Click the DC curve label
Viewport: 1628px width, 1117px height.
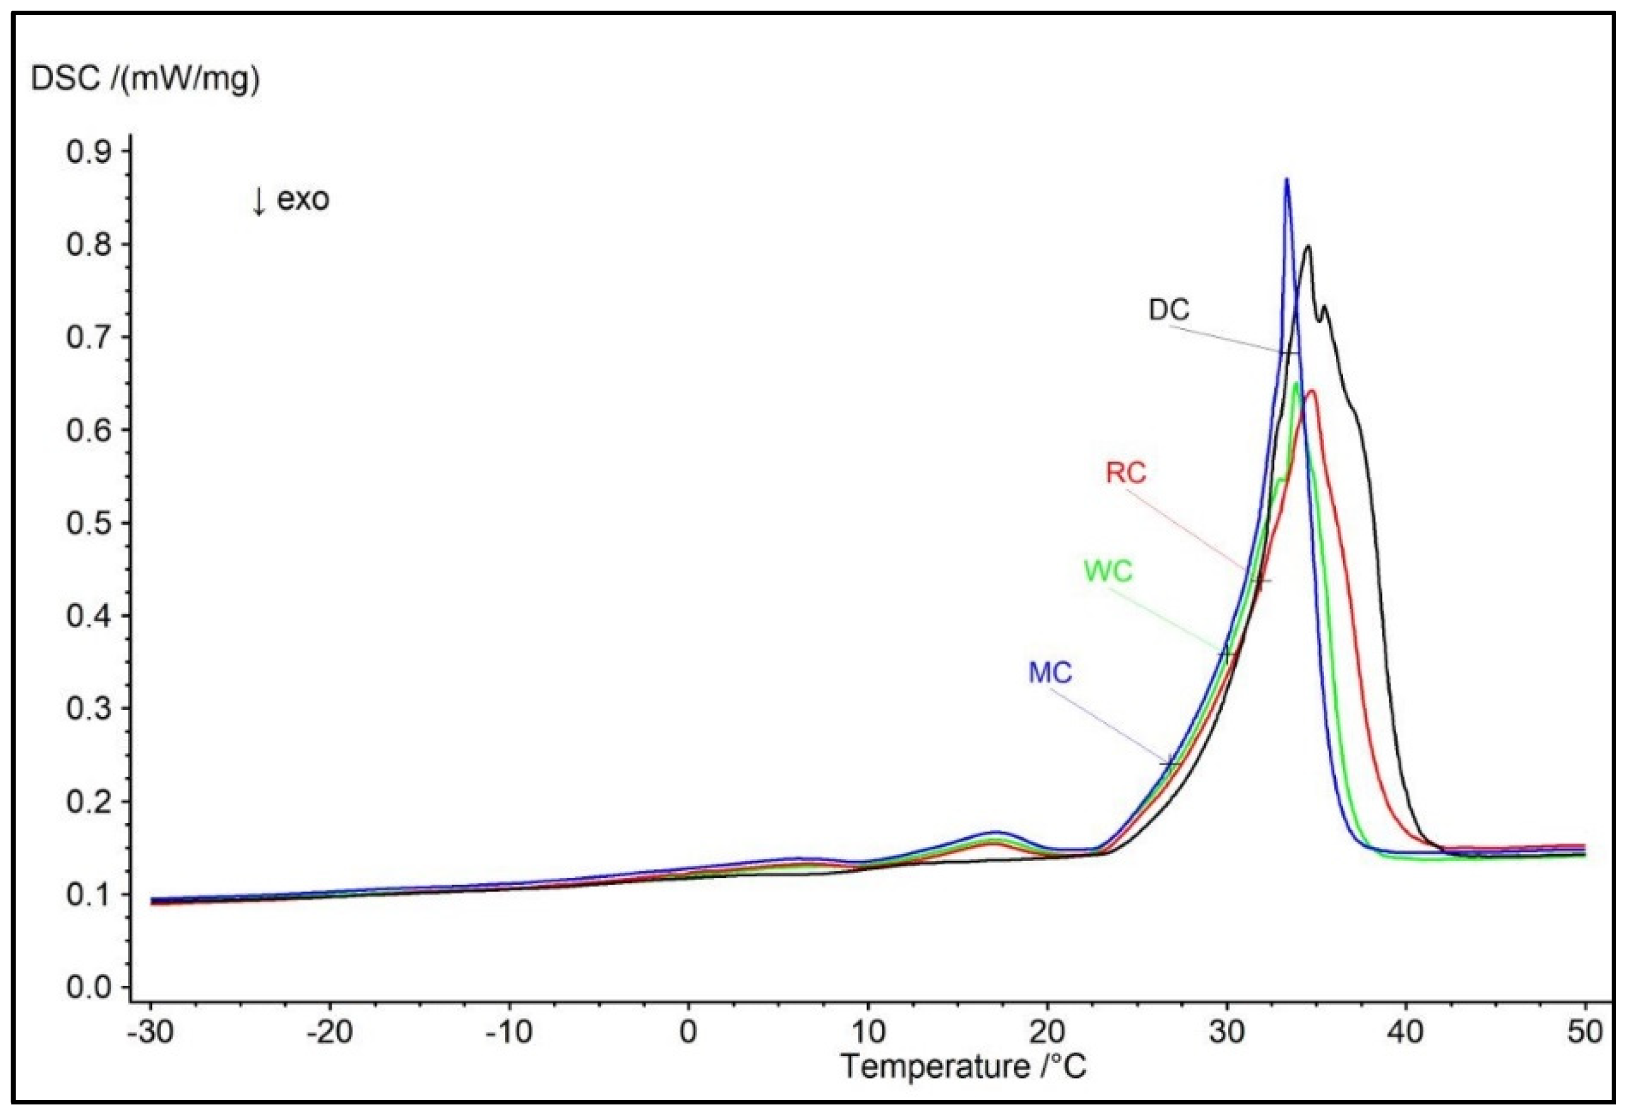1168,310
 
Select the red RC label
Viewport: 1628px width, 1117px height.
1126,473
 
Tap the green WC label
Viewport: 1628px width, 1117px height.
1108,572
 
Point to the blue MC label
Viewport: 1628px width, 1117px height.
1050,673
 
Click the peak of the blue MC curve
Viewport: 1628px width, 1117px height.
1286,180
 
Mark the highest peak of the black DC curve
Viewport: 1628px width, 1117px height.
1307,247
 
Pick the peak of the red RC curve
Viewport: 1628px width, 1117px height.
1311,391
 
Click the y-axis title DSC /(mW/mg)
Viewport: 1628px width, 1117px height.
145,80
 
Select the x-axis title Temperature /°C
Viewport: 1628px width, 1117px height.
963,1067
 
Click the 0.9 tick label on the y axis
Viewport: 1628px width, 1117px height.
89,152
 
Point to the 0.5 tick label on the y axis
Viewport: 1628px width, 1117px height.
89,523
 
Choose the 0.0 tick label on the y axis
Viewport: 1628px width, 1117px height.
89,988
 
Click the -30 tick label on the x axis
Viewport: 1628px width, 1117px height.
151,1033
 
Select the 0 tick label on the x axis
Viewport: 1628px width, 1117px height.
688,1033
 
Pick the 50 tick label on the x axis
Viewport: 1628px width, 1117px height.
1585,1033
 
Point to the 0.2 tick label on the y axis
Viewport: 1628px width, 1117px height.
89,802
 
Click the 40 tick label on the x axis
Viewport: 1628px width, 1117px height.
1405,1033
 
